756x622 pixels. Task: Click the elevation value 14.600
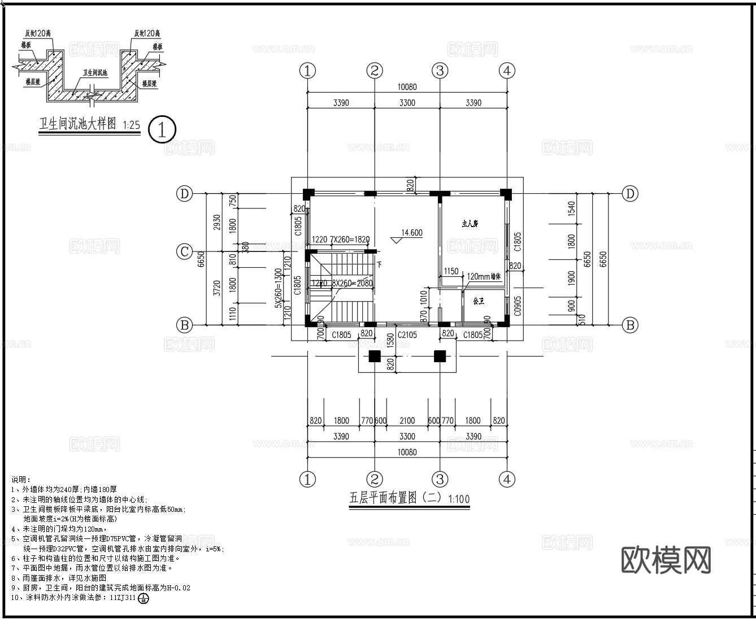coord(411,233)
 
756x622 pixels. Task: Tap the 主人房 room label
coord(470,224)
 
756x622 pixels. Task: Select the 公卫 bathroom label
coord(479,301)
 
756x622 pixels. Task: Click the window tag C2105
coord(407,335)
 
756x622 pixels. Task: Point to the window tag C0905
coord(517,305)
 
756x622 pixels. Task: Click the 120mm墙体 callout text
coord(485,277)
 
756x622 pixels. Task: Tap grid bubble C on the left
coord(184,251)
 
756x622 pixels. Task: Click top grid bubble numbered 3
coord(440,71)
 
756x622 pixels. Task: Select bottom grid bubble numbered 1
coord(307,480)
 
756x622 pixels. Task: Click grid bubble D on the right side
coord(630,194)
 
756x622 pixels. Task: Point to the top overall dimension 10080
coord(407,87)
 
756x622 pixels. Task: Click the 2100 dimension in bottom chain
coord(407,421)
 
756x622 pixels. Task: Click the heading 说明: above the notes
coord(21,480)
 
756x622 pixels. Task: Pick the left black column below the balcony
coord(374,356)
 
